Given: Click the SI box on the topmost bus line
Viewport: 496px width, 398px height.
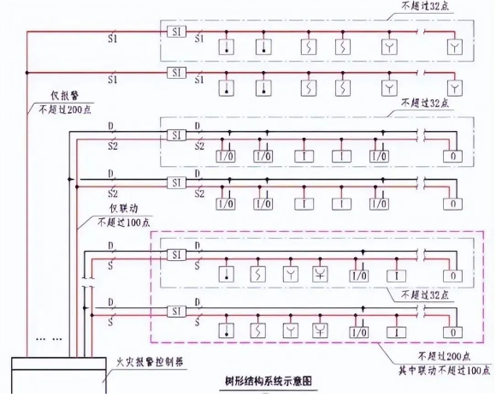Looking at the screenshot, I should point(175,33).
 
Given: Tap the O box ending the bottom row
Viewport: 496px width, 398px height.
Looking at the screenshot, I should point(453,330).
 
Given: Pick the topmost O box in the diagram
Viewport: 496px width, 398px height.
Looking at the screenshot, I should point(453,157).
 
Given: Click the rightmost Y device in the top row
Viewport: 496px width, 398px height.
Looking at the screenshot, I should point(453,45).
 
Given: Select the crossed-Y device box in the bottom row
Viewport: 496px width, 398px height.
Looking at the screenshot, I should point(321,330).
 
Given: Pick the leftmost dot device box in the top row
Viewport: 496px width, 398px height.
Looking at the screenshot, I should point(227,45).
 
